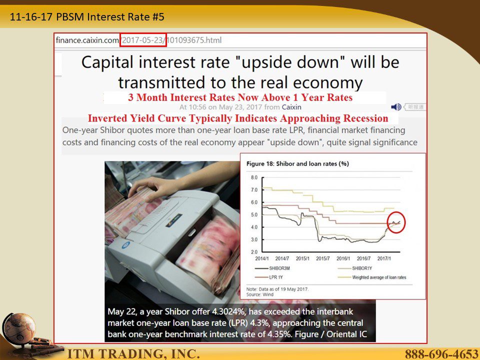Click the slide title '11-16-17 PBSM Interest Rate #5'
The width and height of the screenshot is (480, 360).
pyautogui.click(x=87, y=16)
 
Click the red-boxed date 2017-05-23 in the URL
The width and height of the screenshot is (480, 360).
pyautogui.click(x=143, y=40)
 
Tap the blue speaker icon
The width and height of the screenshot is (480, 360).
pyautogui.click(x=396, y=107)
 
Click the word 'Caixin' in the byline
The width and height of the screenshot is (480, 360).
pyautogui.click(x=291, y=107)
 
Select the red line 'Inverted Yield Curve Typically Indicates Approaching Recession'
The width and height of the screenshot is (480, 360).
pyautogui.click(x=238, y=118)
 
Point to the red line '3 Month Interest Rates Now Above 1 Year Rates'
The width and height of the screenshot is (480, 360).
pyautogui.click(x=240, y=97)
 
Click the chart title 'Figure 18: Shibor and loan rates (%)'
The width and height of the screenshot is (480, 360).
pyautogui.click(x=297, y=164)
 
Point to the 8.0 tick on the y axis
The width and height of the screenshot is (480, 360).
pyautogui.click(x=254, y=177)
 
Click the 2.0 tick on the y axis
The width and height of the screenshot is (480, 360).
pyautogui.click(x=254, y=252)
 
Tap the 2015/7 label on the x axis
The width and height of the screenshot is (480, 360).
pyautogui.click(x=322, y=258)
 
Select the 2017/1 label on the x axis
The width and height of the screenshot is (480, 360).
pyautogui.click(x=384, y=258)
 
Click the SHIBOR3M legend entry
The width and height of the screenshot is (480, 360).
pyautogui.click(x=272, y=268)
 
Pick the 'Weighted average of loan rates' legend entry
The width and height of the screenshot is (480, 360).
pyautogui.click(x=371, y=277)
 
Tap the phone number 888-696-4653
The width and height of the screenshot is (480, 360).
pyautogui.click(x=441, y=354)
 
